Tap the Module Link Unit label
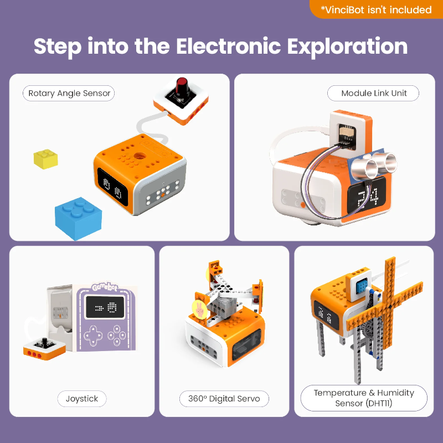(373, 94)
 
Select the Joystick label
(82, 399)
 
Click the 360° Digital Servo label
(224, 399)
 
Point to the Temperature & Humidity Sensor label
(364, 398)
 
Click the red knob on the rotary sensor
(181, 88)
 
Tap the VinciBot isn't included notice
(376, 9)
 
